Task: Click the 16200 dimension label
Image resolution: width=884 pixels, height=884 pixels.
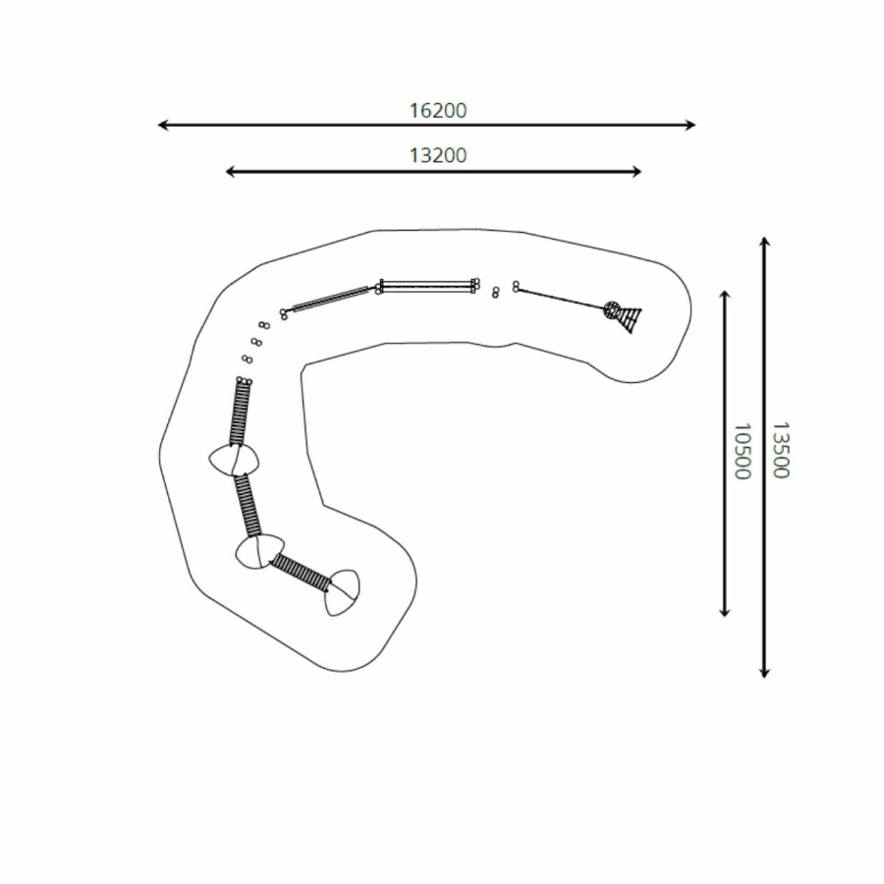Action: point(438,110)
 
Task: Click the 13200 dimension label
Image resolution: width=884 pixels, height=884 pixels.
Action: point(438,155)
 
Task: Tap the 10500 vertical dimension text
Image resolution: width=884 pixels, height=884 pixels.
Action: point(743,451)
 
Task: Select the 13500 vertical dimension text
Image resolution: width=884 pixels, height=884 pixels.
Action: point(781,450)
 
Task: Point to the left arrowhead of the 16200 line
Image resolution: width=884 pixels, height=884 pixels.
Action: point(162,125)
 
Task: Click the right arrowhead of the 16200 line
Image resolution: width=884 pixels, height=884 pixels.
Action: point(691,125)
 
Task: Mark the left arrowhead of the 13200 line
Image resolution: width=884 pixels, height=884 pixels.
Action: point(230,171)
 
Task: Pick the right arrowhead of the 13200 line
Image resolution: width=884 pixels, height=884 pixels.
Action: point(636,171)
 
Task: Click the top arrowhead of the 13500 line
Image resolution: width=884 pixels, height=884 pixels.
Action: point(764,242)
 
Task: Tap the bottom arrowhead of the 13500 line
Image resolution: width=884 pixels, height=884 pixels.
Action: point(764,673)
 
